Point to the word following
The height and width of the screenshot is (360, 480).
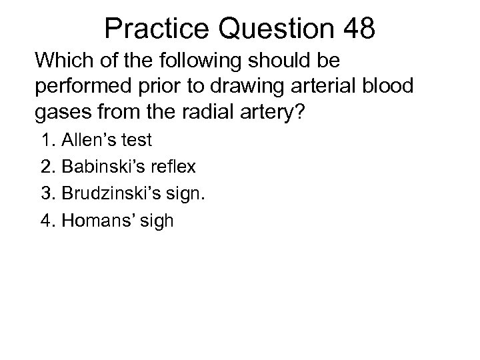click(x=195, y=61)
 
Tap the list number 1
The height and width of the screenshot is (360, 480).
click(x=46, y=141)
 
